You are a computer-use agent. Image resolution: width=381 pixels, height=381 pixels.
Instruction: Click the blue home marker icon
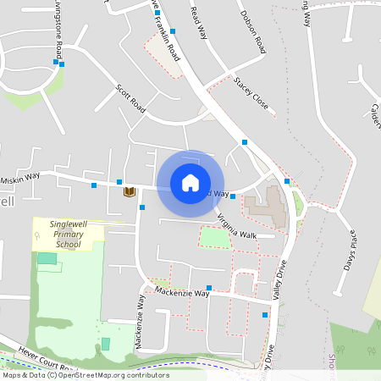[190, 183]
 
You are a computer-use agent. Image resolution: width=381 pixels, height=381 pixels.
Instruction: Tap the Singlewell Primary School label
[69, 232]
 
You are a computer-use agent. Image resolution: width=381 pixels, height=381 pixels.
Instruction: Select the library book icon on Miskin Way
[129, 191]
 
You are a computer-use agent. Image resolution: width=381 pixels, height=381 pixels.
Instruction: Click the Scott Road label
[131, 101]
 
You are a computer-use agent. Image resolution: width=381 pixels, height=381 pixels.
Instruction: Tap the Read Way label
[200, 22]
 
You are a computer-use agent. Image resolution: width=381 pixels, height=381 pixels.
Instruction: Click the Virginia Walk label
[236, 225]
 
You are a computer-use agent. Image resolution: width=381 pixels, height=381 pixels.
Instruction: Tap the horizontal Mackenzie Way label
[181, 292]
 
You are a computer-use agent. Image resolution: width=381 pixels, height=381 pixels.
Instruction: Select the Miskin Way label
[20, 176]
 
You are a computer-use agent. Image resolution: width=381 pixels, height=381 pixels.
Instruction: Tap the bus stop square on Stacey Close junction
[245, 141]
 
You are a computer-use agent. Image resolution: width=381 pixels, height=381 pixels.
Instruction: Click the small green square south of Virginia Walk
[215, 237]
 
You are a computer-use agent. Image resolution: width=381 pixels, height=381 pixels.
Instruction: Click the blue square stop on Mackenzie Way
[209, 288]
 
